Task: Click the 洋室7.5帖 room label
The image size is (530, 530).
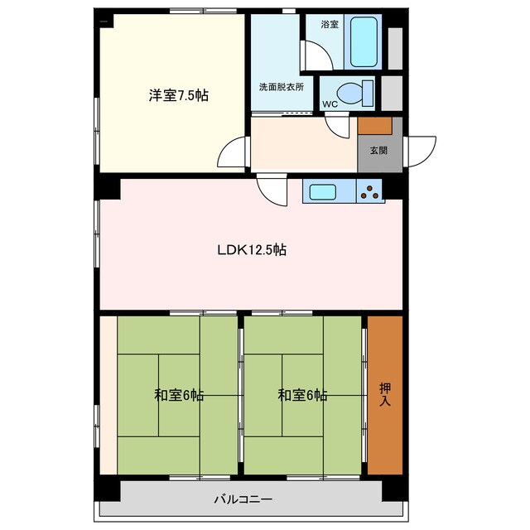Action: point(179,95)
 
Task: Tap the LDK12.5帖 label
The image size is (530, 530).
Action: point(252,250)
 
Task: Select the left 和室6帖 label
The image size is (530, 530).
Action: point(179,395)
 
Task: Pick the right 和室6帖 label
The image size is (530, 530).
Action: point(302,395)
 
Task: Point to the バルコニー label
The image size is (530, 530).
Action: point(243,499)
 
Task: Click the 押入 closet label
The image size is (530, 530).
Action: point(385,394)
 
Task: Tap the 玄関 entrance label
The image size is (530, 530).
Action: point(378,151)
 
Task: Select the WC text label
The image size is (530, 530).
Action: point(330,104)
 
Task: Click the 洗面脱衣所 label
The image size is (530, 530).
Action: point(282,87)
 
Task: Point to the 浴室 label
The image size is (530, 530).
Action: point(330,24)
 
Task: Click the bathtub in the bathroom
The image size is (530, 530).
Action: point(364,42)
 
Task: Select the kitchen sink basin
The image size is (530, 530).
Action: point(323,191)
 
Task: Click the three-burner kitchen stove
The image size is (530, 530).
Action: point(369,191)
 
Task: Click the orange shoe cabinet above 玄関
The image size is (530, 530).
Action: point(375,126)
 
